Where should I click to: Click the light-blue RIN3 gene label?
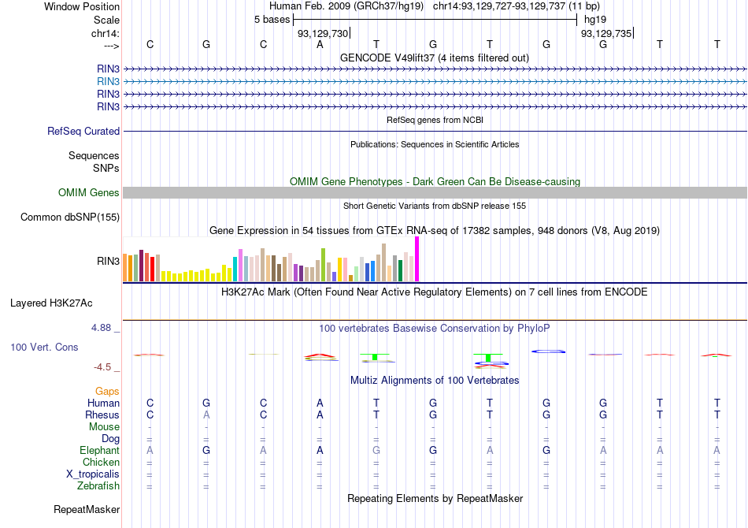pyautogui.click(x=108, y=81)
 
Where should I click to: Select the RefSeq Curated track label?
pyautogui.click(x=83, y=132)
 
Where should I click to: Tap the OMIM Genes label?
pyautogui.click(x=89, y=193)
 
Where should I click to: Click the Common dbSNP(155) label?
pyautogui.click(x=70, y=218)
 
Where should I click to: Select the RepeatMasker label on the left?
pyautogui.click(x=87, y=510)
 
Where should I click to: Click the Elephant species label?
pyautogui.click(x=99, y=451)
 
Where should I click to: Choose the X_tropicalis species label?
pyautogui.click(x=93, y=474)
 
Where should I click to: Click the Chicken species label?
pyautogui.click(x=101, y=463)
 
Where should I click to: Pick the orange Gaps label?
pyautogui.click(x=107, y=391)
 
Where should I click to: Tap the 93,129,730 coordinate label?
pyautogui.click(x=322, y=33)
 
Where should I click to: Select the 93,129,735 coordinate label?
pyautogui.click(x=605, y=33)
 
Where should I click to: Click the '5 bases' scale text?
pyautogui.click(x=272, y=20)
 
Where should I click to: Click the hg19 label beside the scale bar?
pyautogui.click(x=596, y=20)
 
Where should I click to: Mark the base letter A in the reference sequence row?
pyautogui.click(x=320, y=44)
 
